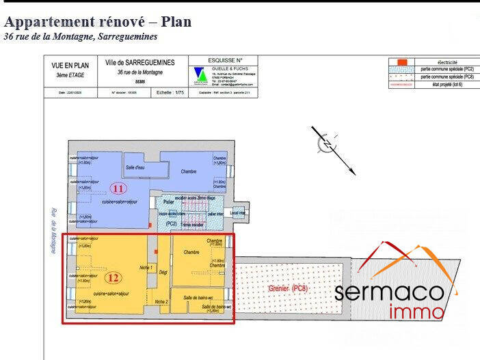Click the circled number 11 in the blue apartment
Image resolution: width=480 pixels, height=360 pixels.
[118, 188]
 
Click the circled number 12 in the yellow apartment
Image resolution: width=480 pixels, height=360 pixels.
[114, 278]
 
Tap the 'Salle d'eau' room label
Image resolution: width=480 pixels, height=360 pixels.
[135, 167]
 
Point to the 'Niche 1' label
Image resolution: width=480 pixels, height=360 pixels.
[146, 267]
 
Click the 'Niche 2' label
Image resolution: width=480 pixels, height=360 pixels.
[161, 301]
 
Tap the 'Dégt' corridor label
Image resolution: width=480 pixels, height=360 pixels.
[163, 273]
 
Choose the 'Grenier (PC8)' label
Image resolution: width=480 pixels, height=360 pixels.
[288, 289]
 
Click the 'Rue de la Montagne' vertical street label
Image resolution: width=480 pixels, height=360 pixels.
[53, 231]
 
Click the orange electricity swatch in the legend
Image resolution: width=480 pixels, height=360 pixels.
[403, 62]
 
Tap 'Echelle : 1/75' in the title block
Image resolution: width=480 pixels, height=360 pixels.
[170, 92]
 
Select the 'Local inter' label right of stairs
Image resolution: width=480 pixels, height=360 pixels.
[239, 213]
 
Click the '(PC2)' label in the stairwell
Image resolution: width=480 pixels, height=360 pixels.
[171, 223]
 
